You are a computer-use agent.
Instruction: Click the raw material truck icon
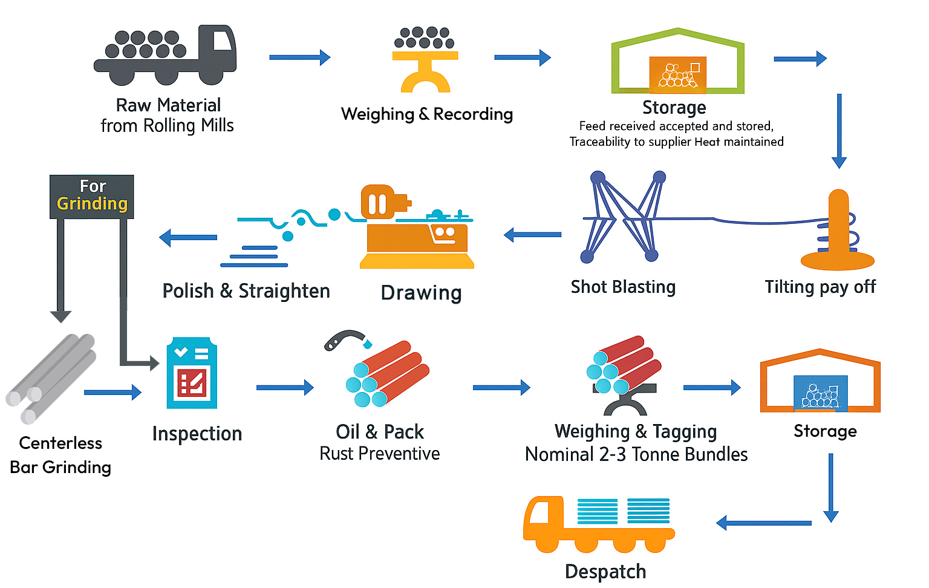pos(165,56)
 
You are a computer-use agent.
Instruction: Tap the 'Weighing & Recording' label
pos(426,114)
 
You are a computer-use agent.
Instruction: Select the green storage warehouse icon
pos(677,62)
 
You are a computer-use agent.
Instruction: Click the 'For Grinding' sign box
pos(92,196)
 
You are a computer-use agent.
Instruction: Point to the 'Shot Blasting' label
pos(623,287)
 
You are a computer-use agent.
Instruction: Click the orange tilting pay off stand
pos(838,232)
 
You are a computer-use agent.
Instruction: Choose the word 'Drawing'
pos(421,293)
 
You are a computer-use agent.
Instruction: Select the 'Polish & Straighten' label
pos(246,291)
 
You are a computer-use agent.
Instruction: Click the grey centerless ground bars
pos(51,378)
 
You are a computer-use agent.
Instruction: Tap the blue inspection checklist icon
pos(192,374)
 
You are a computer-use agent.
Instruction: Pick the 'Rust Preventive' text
pos(379,454)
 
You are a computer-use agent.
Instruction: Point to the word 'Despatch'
pos(605,572)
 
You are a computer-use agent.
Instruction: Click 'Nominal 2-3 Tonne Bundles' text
pos(636,454)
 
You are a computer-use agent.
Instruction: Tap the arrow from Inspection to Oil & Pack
pos(285,387)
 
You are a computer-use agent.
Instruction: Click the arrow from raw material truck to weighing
pos(300,57)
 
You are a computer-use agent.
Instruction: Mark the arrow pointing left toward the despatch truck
pos(763,523)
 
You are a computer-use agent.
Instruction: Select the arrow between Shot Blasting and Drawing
pos(532,235)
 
